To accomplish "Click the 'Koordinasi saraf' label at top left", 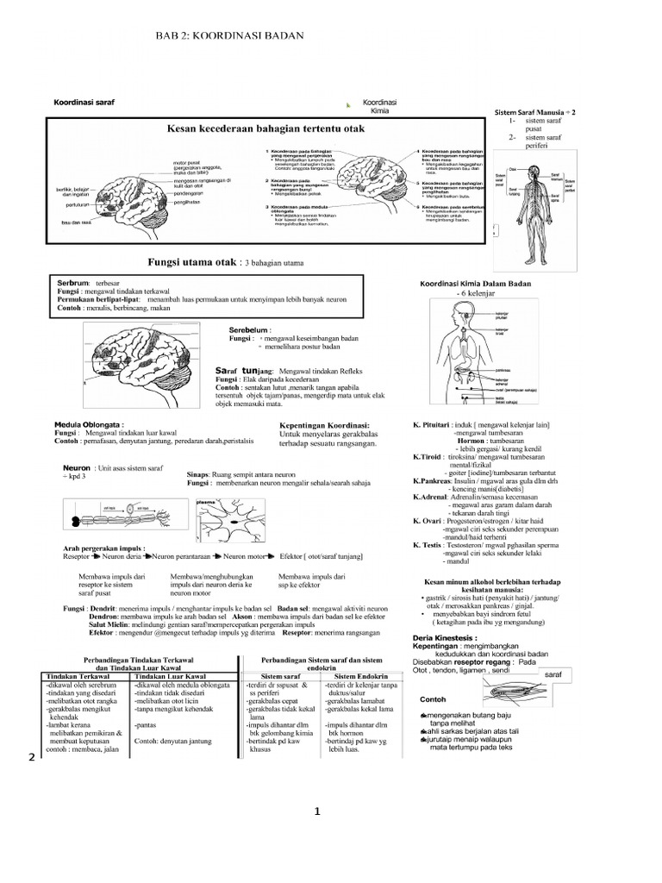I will point(84,102).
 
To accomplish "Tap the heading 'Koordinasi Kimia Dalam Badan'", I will point(475,284).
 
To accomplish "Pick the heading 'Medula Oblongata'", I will point(90,424).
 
